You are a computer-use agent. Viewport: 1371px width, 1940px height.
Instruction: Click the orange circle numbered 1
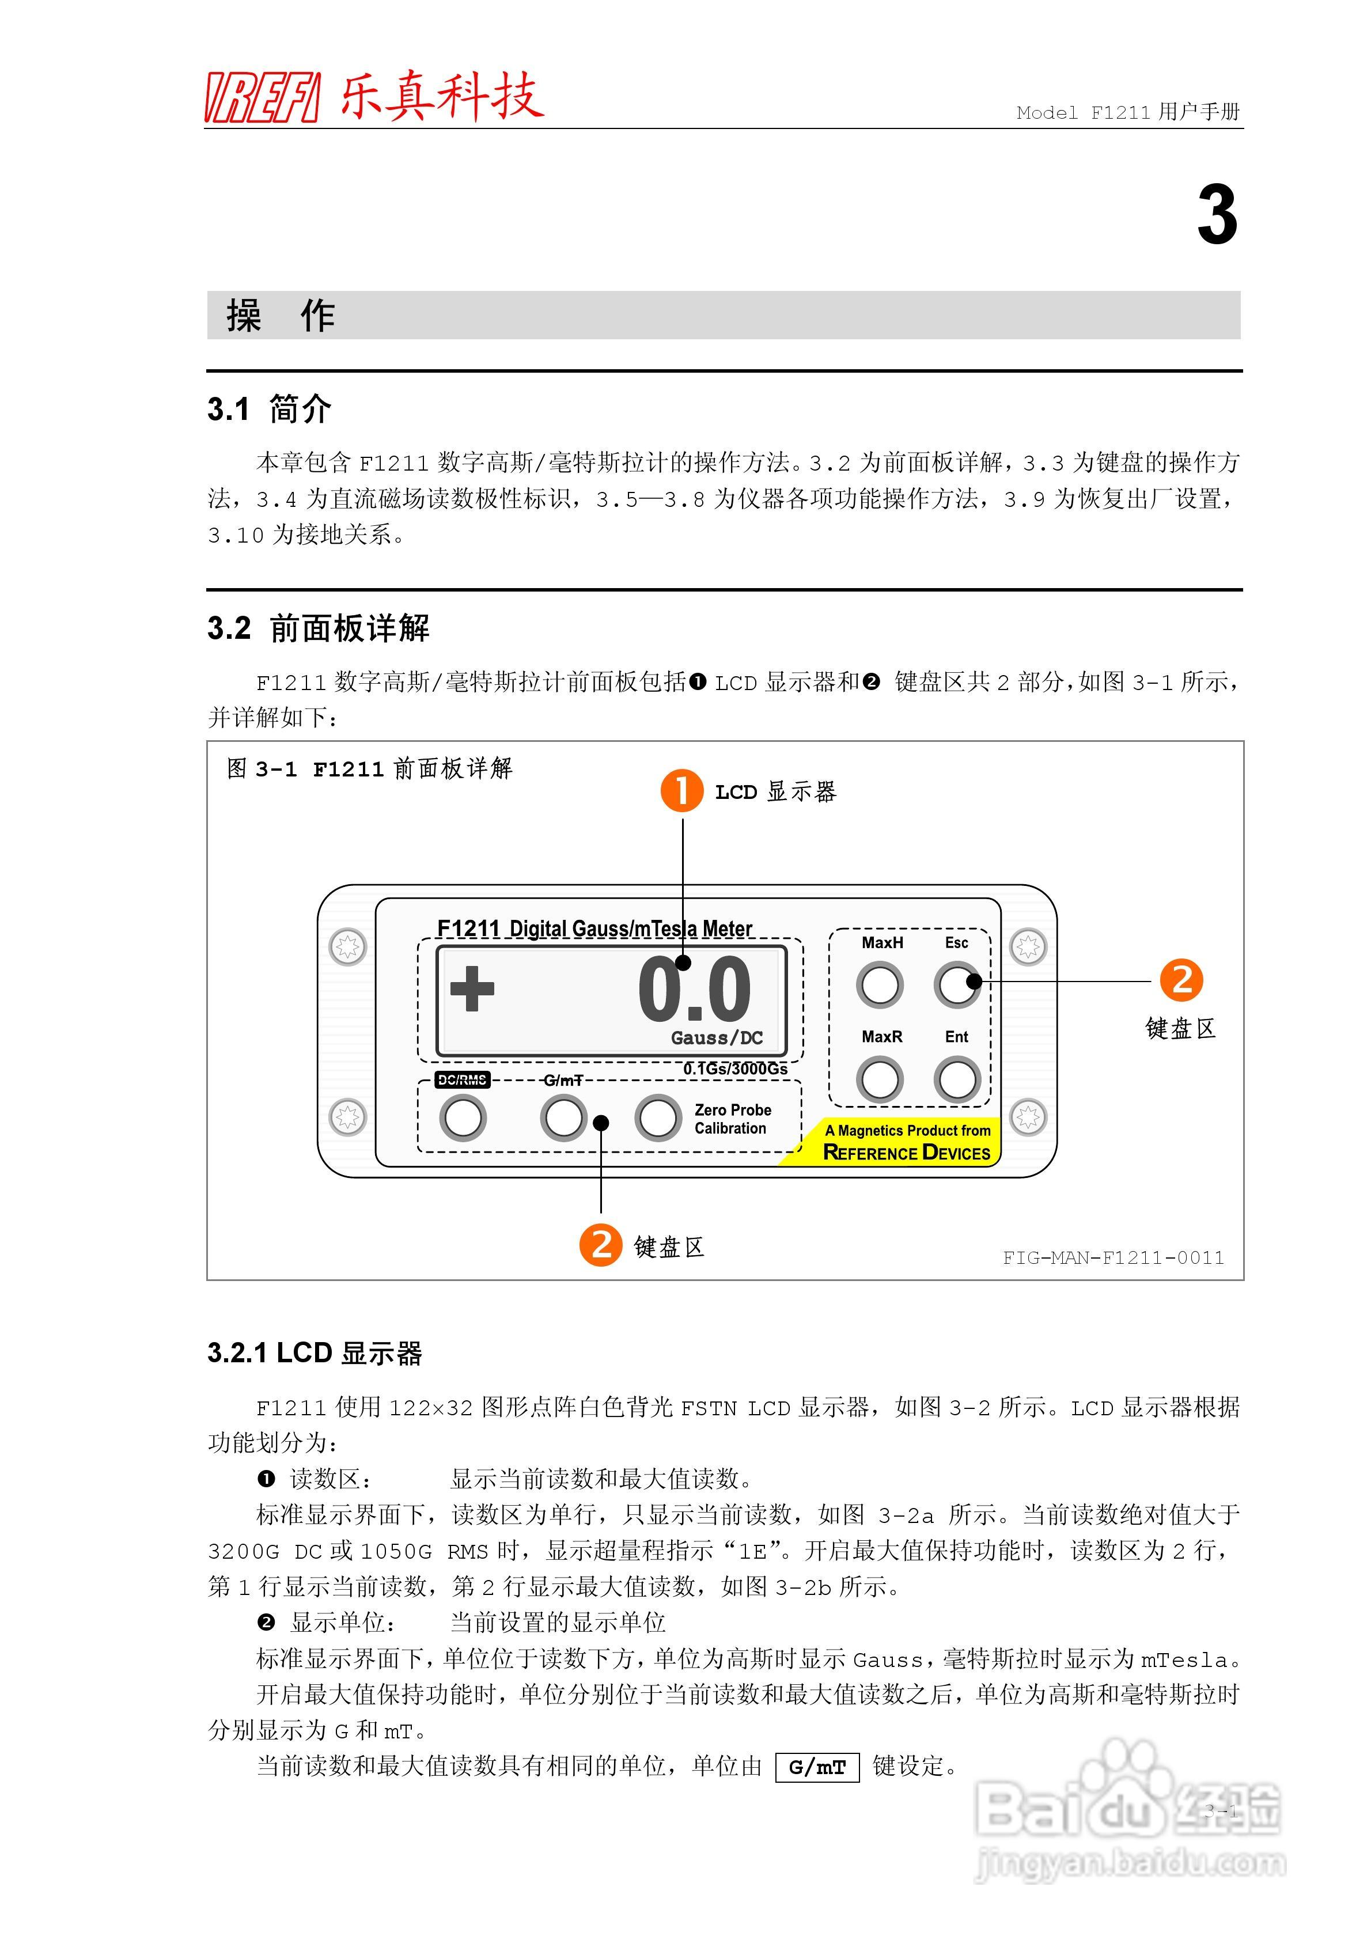pyautogui.click(x=681, y=791)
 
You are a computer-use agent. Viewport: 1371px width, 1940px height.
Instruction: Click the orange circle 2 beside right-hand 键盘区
pyautogui.click(x=1181, y=980)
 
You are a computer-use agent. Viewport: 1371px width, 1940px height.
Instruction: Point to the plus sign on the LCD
pyautogui.click(x=472, y=988)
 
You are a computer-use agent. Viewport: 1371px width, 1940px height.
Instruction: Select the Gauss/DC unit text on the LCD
pyautogui.click(x=717, y=1037)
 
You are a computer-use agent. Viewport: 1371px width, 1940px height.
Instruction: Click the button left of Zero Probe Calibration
pyautogui.click(x=658, y=1118)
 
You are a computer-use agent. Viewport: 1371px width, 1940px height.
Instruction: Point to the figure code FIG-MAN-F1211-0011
pyautogui.click(x=1112, y=1257)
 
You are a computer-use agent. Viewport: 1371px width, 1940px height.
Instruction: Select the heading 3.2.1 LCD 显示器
pyautogui.click(x=315, y=1353)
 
